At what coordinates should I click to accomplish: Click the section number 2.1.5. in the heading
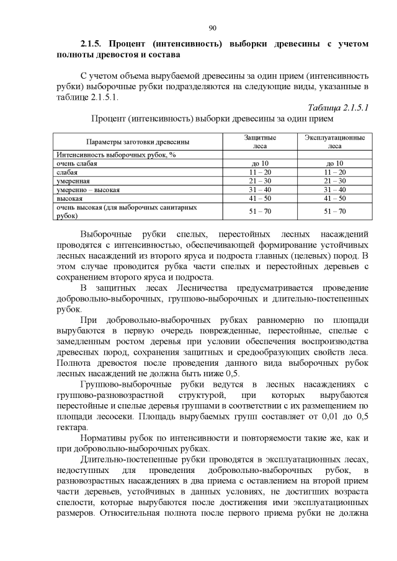tap(93, 44)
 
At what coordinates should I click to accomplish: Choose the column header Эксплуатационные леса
tap(334, 141)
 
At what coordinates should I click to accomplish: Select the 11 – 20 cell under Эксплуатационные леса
tap(334, 172)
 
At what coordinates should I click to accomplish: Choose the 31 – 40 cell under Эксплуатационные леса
tap(334, 189)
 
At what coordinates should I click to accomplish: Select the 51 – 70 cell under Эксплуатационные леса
tap(334, 211)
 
